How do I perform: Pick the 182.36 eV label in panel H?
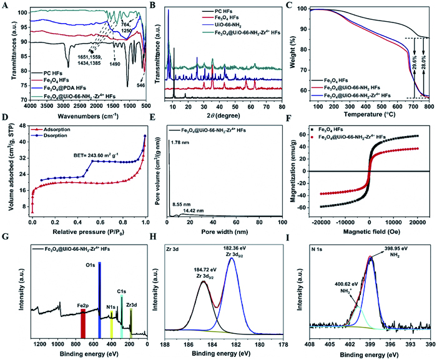pyautogui.click(x=233, y=247)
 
